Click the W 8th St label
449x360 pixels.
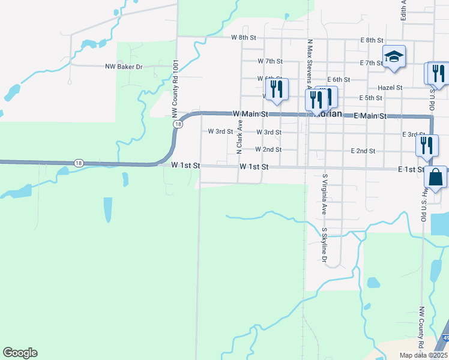(244, 37)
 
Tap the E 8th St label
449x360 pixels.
(372, 40)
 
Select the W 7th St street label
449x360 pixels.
(270, 61)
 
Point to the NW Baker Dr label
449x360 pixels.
(124, 67)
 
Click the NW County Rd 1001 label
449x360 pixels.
(175, 88)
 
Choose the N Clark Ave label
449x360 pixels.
(239, 136)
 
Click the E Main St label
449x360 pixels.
(370, 115)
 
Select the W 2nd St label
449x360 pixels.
(268, 149)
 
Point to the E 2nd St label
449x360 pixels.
(363, 151)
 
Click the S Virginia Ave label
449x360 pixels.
(324, 194)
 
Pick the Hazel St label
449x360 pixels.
(390, 88)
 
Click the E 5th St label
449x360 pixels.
(370, 98)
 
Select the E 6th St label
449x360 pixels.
(339, 79)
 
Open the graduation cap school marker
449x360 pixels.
(394, 58)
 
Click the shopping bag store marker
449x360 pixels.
(435, 178)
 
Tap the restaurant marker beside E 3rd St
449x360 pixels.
(427, 146)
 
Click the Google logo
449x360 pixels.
(20, 353)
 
